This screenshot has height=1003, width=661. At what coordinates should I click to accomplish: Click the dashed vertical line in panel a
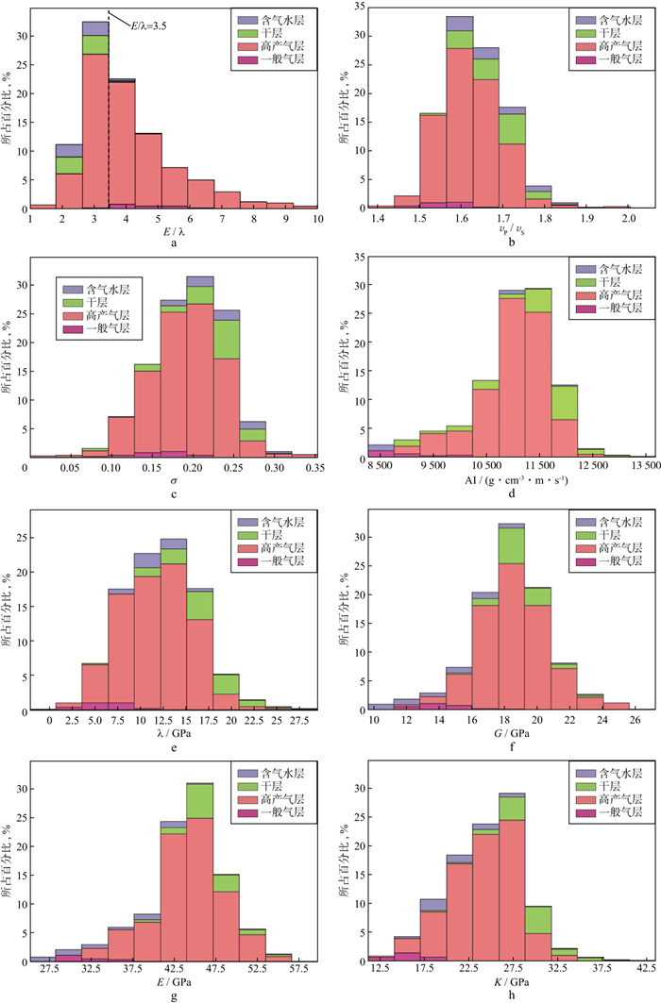(109, 113)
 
